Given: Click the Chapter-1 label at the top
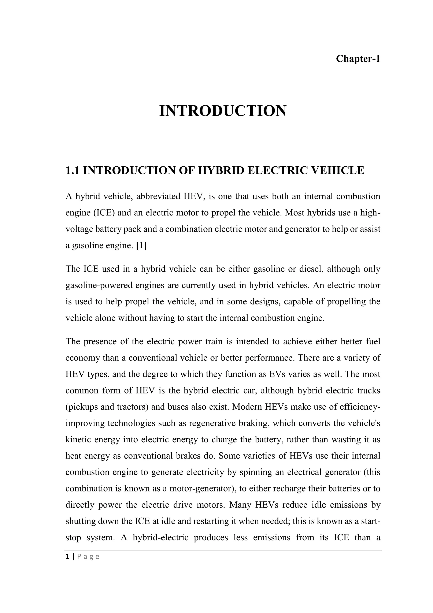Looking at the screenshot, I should [x=358, y=58].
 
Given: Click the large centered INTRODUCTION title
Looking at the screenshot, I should [x=223, y=111].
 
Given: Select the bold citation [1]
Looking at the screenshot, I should [x=141, y=245].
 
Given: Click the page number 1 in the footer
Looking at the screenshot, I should [x=67, y=556].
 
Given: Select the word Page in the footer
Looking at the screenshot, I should [x=88, y=557].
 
